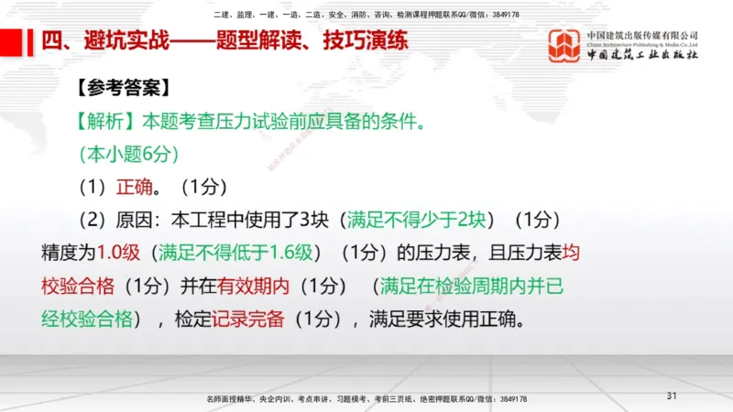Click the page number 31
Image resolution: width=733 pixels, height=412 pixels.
(672, 396)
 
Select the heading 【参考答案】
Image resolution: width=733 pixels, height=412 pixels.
(122, 89)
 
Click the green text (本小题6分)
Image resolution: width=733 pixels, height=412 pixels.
(128, 153)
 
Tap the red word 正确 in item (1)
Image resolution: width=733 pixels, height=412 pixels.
(136, 187)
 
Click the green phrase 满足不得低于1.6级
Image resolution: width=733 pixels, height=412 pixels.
(237, 253)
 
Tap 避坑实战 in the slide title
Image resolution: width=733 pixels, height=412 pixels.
(108, 42)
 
